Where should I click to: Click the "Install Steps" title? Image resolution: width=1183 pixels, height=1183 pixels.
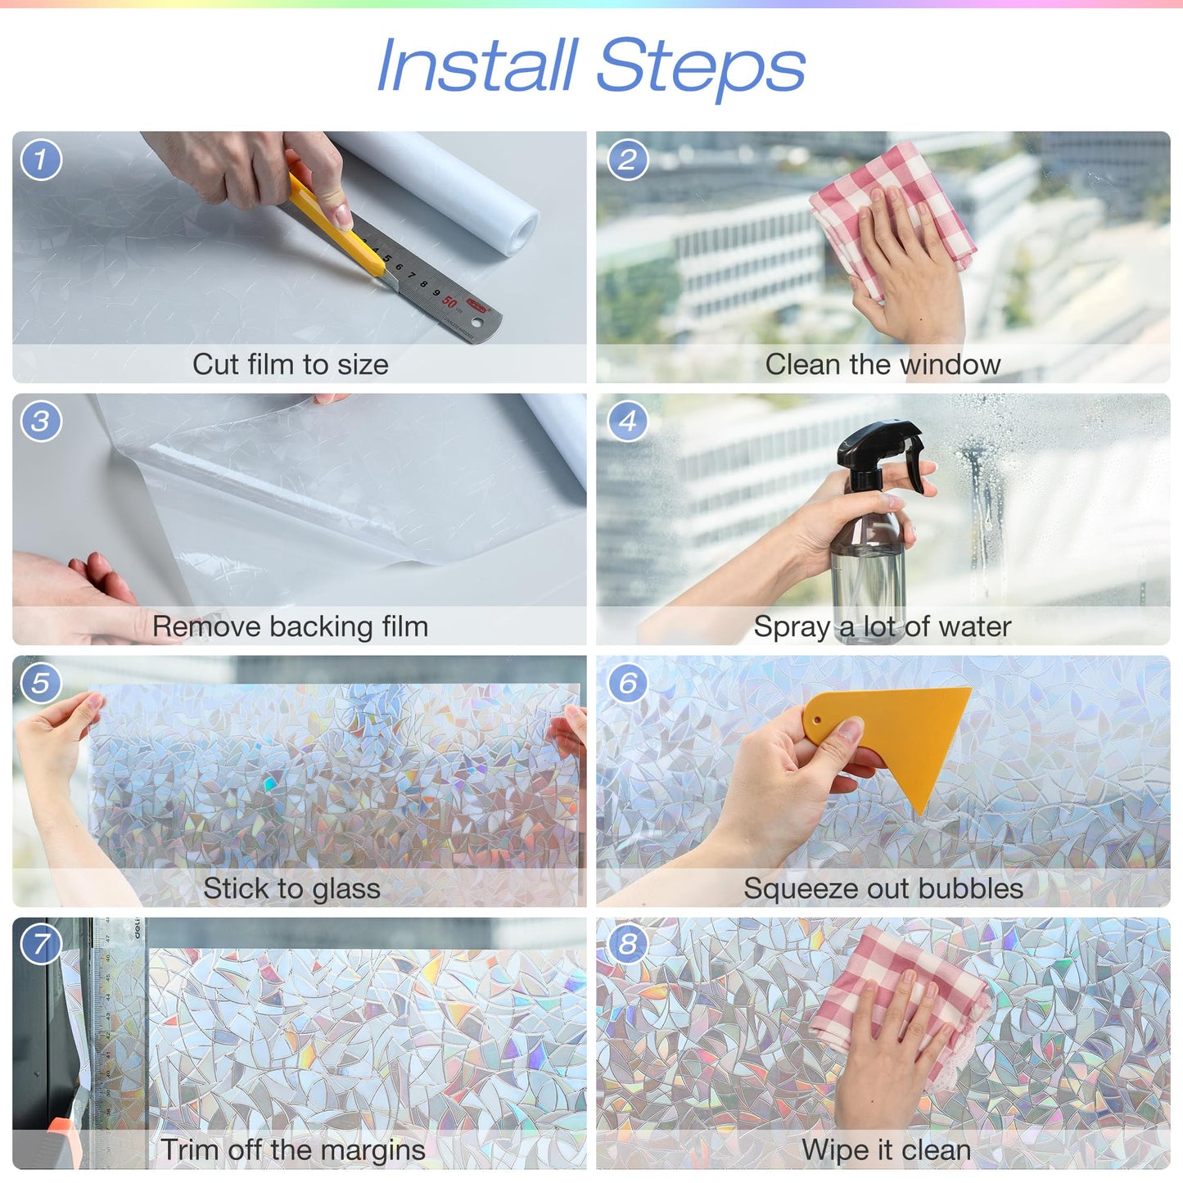tap(590, 65)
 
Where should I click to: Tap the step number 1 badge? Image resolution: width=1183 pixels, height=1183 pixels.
tap(41, 159)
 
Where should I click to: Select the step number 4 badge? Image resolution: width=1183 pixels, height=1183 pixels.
tap(628, 421)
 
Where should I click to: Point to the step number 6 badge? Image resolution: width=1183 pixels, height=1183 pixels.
tap(628, 682)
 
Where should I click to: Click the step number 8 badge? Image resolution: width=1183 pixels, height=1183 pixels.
tap(628, 944)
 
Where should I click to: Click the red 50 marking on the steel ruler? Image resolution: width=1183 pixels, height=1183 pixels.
tap(449, 301)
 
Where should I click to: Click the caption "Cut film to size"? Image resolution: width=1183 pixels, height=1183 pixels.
tap(291, 364)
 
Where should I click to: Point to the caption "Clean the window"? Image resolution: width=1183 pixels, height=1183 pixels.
tap(883, 364)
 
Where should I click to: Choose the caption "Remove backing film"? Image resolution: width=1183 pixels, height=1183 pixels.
tap(291, 626)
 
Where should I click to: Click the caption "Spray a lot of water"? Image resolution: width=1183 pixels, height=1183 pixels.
tap(883, 626)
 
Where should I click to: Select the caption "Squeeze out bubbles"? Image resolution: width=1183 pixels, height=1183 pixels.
tap(883, 888)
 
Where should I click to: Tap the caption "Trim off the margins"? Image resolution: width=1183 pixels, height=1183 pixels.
tap(292, 1149)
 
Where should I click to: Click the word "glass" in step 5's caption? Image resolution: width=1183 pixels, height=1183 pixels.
tap(345, 889)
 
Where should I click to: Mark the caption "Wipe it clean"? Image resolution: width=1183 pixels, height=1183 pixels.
tap(886, 1149)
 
